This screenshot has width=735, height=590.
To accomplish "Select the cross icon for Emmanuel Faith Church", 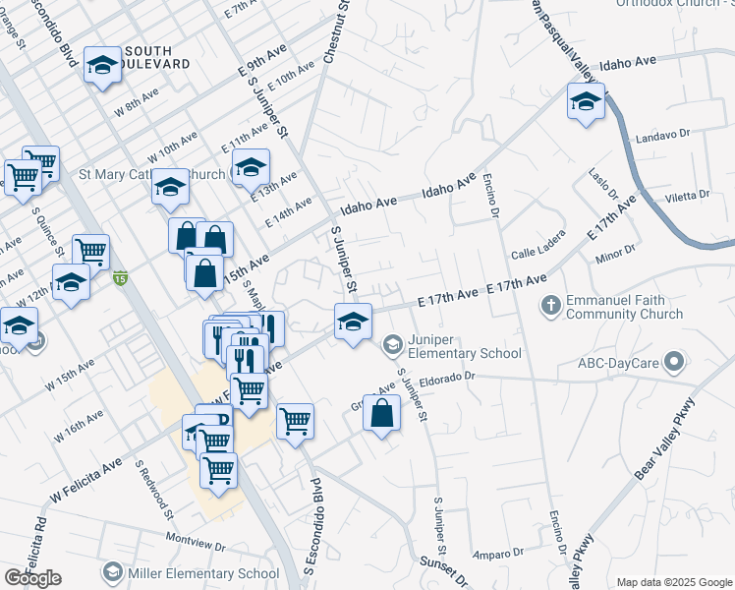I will [x=551, y=307].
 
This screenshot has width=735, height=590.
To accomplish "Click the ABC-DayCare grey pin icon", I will [x=673, y=363].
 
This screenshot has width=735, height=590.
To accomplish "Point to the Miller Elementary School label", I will [x=203, y=572].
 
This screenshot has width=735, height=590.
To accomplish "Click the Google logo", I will [x=32, y=578].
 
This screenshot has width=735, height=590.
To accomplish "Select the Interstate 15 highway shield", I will [x=120, y=278].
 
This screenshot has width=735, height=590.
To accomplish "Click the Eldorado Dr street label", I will [x=447, y=376].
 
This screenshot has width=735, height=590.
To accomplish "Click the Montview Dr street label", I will [x=196, y=541].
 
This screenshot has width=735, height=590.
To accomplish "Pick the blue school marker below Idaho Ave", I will [x=586, y=101].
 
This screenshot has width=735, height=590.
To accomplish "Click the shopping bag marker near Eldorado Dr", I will [x=382, y=415].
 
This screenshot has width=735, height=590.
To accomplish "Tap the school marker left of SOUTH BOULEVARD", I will [x=101, y=66].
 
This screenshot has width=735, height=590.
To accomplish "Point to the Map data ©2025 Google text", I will [x=673, y=582].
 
